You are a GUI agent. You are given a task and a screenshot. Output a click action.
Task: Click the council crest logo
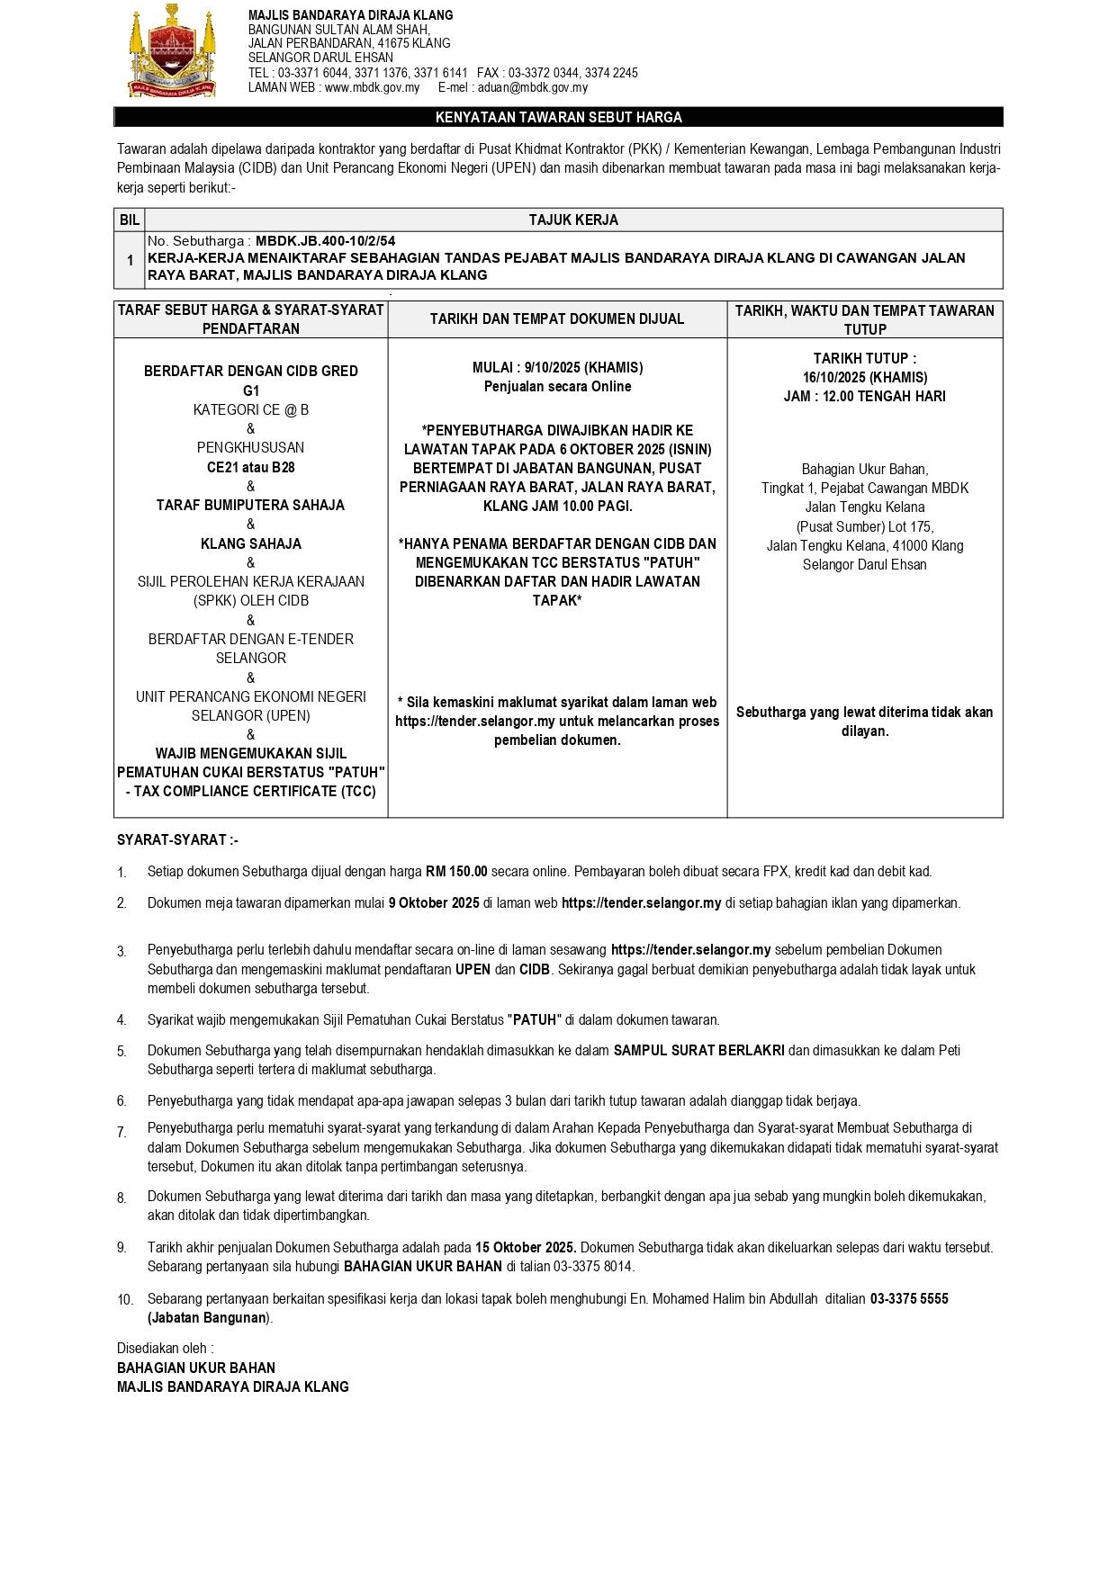point(172,50)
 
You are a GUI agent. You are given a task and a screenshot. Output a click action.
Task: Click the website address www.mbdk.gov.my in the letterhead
point(372,87)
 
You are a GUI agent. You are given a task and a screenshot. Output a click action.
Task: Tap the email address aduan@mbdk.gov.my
point(533,87)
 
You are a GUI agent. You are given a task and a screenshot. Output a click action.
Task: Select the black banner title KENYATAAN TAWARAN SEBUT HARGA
point(558,117)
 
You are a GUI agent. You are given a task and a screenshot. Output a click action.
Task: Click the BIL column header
point(129,220)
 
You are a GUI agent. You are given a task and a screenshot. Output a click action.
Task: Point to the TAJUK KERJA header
point(572,220)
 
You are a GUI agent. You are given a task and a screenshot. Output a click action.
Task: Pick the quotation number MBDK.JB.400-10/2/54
point(325,241)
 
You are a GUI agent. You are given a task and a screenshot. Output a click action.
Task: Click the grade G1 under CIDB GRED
point(250,390)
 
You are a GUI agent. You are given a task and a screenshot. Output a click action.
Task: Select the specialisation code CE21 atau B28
point(250,467)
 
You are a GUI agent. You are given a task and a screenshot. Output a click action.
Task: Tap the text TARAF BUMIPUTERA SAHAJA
point(250,505)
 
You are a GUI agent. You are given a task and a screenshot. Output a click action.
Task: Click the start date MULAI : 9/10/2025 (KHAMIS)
point(557,367)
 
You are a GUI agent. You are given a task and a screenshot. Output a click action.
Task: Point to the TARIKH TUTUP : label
point(864,358)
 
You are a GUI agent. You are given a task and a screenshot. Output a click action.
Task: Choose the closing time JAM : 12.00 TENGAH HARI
point(864,396)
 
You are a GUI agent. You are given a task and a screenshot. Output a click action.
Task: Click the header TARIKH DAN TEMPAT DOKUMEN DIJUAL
point(557,318)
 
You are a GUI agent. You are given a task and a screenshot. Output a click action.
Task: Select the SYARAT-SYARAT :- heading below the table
point(177,839)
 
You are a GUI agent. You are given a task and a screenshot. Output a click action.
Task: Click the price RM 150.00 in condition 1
point(456,871)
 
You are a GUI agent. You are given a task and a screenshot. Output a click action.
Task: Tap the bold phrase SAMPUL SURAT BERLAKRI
point(698,1050)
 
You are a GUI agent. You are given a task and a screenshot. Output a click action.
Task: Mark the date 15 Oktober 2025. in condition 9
point(527,1247)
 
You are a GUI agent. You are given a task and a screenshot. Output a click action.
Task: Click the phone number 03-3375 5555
point(908,1298)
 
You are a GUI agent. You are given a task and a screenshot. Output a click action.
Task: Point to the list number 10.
point(125,1299)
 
